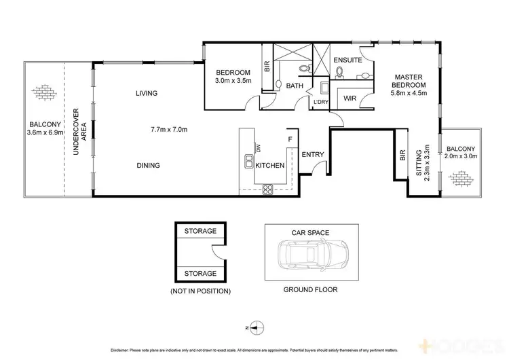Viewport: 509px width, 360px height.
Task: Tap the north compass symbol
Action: (x=254, y=327)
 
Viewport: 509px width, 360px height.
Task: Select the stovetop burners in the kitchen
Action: (x=268, y=189)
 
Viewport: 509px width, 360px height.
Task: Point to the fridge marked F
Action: (x=290, y=139)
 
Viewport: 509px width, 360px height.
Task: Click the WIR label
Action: (x=350, y=98)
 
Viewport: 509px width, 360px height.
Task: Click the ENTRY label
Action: (x=313, y=154)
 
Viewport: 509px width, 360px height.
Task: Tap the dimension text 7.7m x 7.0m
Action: (x=168, y=129)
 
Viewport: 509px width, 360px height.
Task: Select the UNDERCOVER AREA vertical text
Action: (x=77, y=132)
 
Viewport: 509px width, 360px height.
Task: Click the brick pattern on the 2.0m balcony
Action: (x=462, y=178)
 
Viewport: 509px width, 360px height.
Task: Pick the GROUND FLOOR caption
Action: (x=310, y=289)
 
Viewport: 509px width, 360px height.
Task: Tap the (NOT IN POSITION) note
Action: (x=200, y=291)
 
